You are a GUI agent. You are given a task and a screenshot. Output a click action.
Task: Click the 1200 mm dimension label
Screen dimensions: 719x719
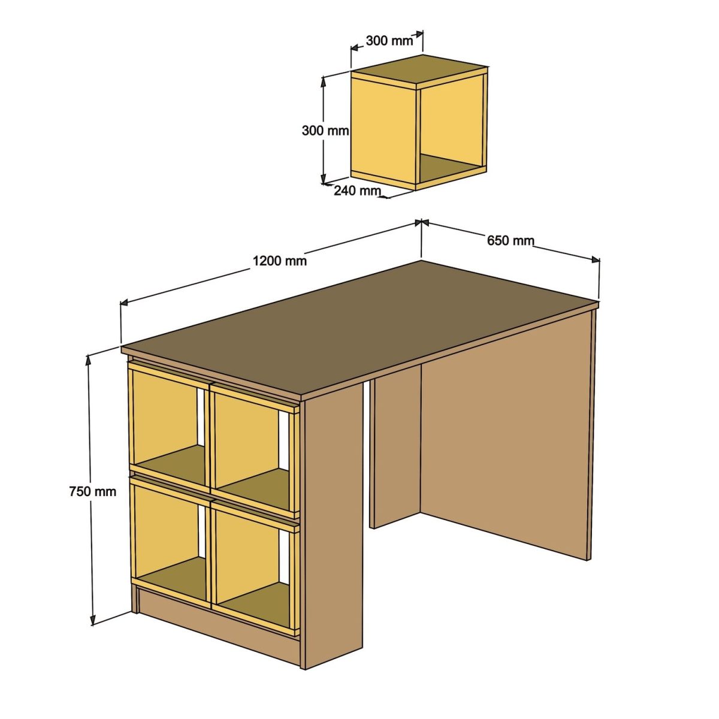[279, 261]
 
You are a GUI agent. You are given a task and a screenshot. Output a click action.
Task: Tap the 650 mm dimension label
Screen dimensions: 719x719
[510, 241]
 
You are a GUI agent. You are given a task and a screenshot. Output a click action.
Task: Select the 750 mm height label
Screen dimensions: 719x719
[92, 491]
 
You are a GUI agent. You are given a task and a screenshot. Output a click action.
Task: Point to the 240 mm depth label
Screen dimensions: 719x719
[357, 191]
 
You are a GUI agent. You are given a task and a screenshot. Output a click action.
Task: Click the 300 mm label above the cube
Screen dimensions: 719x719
[389, 41]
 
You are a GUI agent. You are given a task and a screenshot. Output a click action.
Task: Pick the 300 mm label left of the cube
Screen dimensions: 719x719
[325, 130]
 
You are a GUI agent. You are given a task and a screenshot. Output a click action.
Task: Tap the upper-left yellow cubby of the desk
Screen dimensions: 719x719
[165, 419]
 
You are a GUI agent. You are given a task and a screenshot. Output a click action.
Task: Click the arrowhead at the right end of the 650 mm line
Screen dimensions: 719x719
[596, 259]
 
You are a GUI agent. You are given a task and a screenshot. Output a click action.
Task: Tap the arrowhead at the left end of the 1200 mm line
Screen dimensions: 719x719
[125, 303]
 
